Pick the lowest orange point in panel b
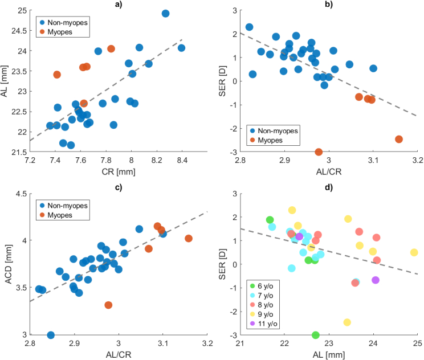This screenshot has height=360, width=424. pyautogui.click(x=319, y=152)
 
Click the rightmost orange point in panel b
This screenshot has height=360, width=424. pyautogui.click(x=399, y=139)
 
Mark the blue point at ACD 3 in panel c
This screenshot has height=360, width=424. pyautogui.click(x=51, y=335)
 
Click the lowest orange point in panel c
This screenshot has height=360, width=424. pyautogui.click(x=108, y=305)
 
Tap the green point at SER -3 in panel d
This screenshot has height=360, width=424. pyautogui.click(x=316, y=335)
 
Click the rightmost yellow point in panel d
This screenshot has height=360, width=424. pyautogui.click(x=414, y=252)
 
